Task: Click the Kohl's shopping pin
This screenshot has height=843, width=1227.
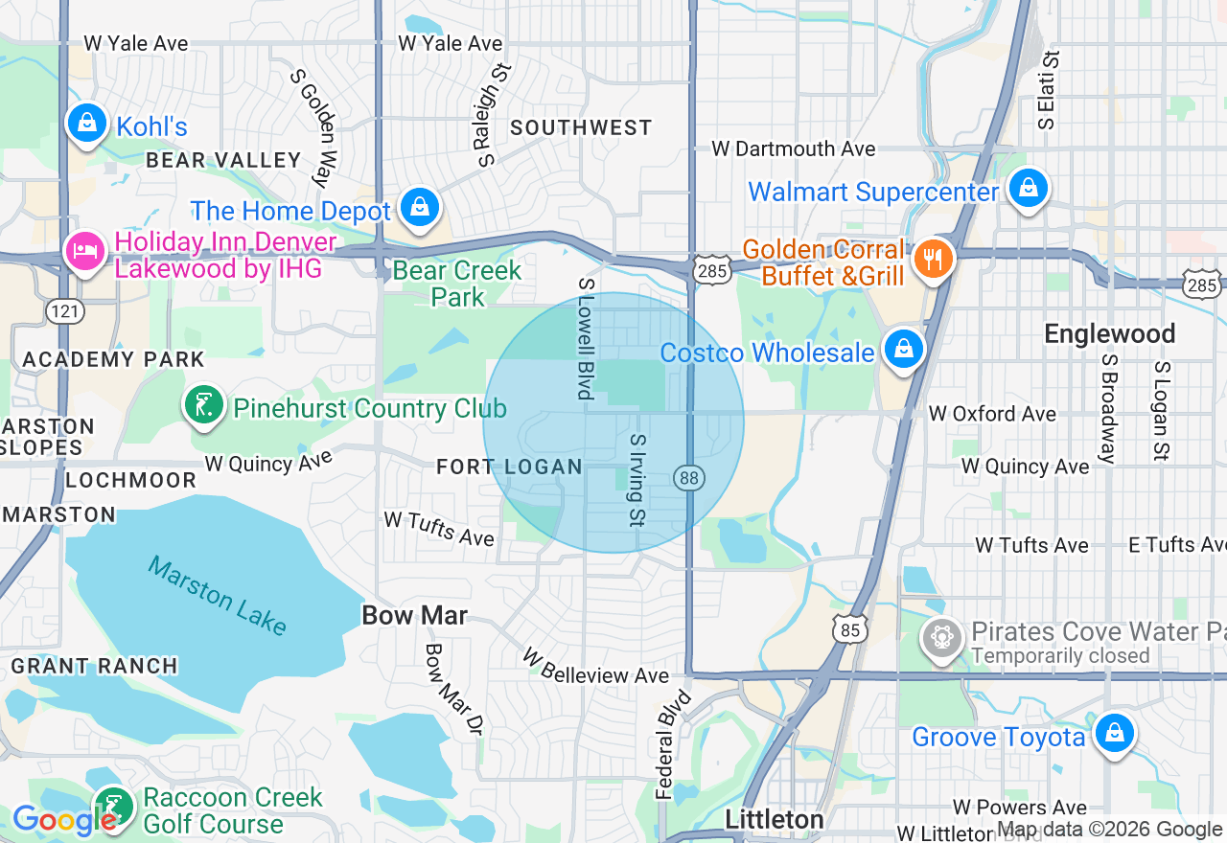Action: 87,124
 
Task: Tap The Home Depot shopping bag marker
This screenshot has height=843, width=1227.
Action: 419,207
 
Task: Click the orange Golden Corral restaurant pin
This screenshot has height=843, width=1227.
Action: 931,258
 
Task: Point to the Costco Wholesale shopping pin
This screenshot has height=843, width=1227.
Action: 903,350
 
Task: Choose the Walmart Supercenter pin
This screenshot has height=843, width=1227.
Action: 1028,189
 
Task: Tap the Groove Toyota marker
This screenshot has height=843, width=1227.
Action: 1113,734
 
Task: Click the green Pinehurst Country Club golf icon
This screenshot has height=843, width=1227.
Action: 204,406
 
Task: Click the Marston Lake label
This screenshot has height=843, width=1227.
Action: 218,596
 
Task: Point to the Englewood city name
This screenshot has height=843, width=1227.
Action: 1109,333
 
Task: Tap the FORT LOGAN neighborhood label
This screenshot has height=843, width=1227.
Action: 509,467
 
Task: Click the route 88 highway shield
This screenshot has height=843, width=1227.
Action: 689,477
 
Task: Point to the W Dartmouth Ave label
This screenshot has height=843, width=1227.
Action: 793,148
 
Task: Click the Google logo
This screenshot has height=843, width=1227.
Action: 63,821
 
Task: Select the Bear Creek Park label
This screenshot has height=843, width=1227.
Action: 457,284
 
